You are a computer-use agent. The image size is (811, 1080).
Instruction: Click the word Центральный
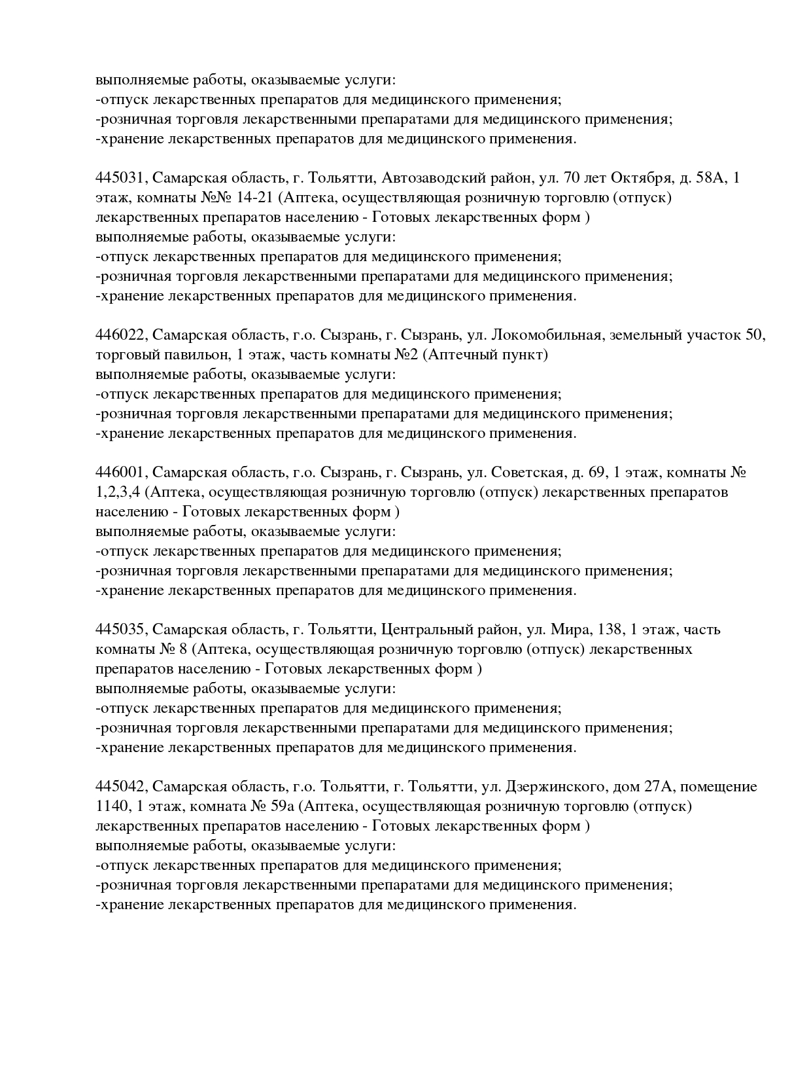tap(426, 630)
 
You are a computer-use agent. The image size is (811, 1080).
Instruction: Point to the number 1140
tap(111, 806)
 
